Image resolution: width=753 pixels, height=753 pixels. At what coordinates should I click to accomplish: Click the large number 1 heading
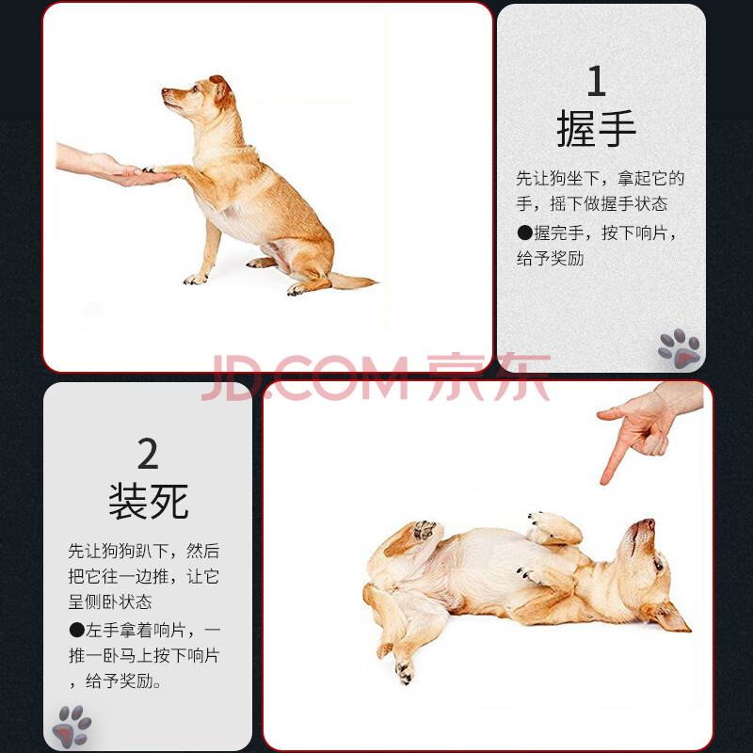597,81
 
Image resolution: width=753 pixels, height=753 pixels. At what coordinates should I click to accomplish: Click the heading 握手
597,128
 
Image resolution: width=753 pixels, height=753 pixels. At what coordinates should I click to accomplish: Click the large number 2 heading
148,454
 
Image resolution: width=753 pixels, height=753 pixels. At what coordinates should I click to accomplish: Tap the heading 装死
148,502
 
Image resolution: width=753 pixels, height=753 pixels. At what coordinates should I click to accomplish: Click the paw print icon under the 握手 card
679,348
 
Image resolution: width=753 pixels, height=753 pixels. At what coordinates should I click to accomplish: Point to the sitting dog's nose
165,90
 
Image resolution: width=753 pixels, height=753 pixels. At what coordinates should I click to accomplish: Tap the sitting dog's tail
351,280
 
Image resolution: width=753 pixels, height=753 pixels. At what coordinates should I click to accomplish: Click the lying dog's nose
649,523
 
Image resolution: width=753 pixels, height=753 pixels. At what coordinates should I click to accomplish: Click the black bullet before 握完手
524,232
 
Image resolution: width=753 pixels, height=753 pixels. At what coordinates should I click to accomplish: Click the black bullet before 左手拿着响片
77,630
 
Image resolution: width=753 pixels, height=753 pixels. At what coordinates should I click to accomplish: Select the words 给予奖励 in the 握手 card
551,258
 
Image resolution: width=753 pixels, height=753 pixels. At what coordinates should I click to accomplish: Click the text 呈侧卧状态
110,601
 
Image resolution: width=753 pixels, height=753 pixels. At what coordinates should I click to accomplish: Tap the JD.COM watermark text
305,378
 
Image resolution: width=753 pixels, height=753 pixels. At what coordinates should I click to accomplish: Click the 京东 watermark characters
488,377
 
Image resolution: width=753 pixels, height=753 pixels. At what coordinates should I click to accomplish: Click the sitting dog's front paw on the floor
196,279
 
